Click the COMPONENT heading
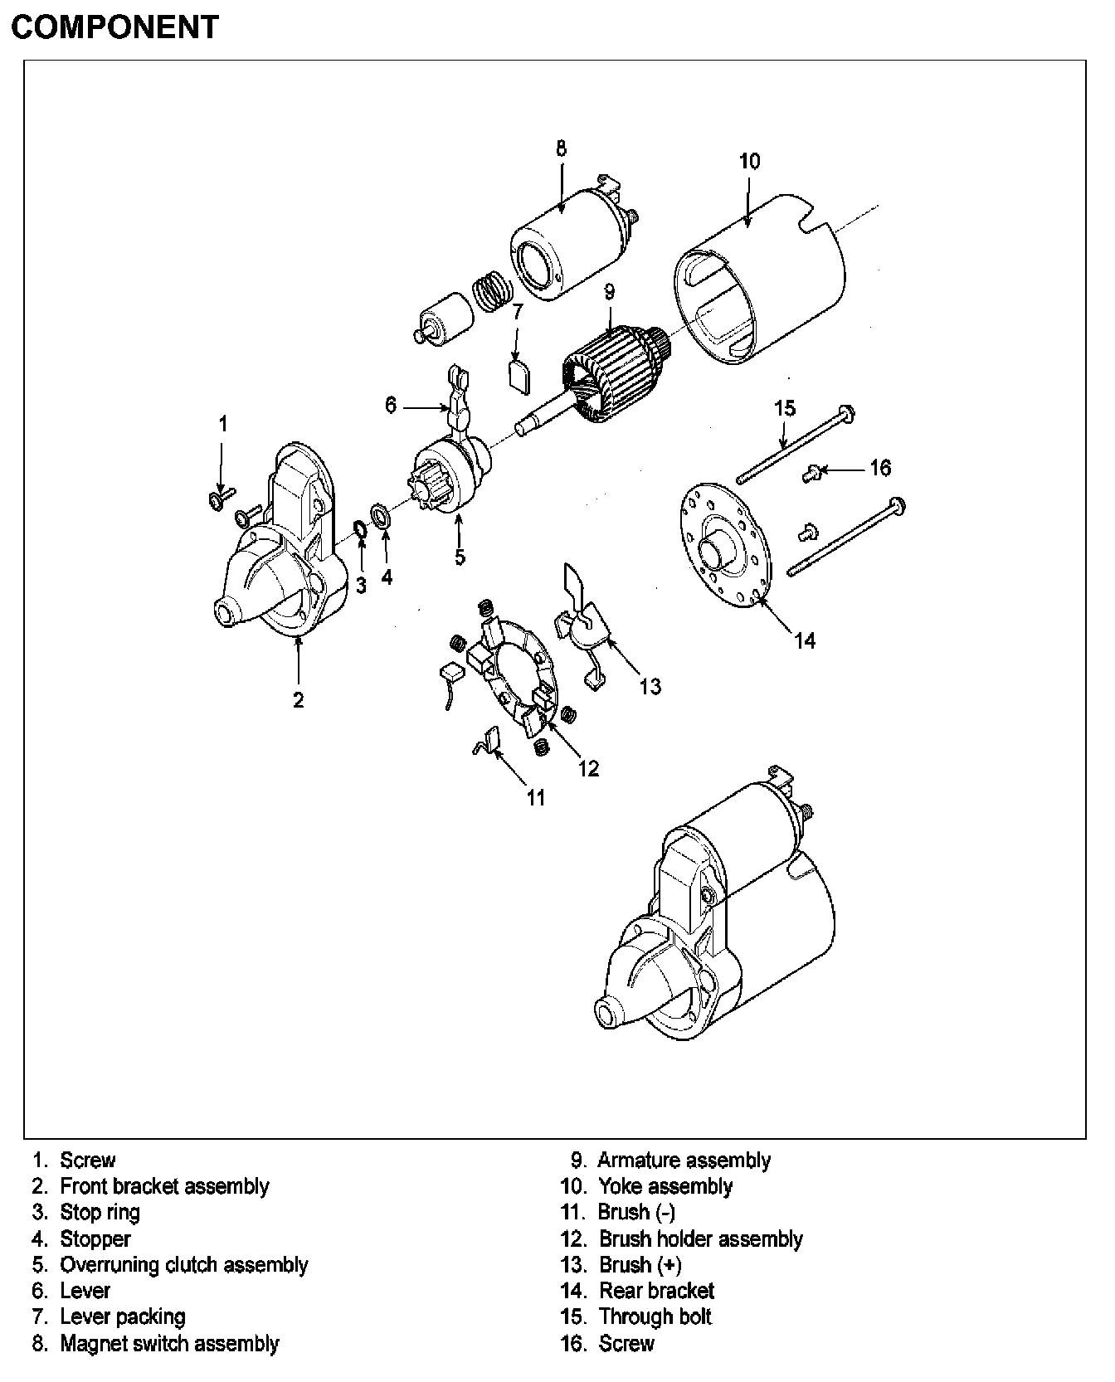(114, 27)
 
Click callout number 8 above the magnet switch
(562, 148)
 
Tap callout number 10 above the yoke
(748, 161)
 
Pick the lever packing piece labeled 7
(519, 374)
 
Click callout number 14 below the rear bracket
(804, 640)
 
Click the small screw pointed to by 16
(811, 473)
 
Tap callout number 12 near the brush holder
(588, 769)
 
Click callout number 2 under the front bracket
(298, 699)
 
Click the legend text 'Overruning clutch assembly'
(183, 1265)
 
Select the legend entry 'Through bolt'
(655, 1316)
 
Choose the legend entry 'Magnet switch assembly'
(169, 1343)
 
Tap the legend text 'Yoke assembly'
(665, 1186)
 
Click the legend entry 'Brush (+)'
(640, 1265)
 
